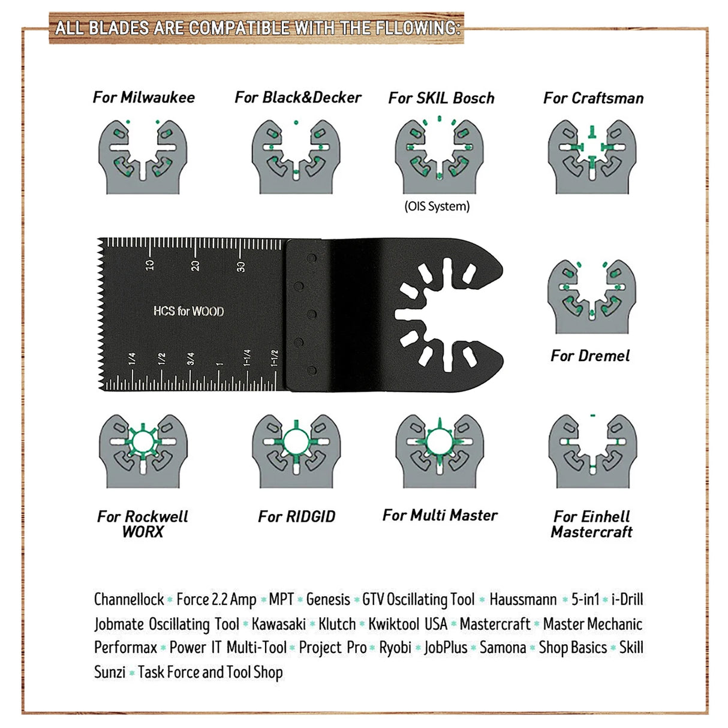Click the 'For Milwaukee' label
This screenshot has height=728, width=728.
[x=144, y=97]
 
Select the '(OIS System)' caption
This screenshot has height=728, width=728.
[x=437, y=206]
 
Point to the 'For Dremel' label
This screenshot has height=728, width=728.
[x=590, y=356]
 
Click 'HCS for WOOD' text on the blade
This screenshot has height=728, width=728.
[x=188, y=311]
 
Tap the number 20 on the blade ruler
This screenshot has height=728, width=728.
[x=195, y=265]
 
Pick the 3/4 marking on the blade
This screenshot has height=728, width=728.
[x=191, y=359]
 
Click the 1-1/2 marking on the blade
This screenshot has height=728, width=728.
[x=275, y=357]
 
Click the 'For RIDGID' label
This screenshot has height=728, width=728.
[x=296, y=516]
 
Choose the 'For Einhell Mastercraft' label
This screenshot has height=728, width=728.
[x=592, y=524]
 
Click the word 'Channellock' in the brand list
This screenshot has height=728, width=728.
[x=129, y=599]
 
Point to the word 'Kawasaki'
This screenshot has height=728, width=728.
[x=279, y=624]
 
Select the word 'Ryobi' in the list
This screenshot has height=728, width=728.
[x=395, y=648]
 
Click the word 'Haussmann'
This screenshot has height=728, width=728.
[x=523, y=599]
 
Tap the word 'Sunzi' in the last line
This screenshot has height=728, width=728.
[x=110, y=672]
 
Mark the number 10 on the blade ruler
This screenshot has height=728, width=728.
[x=150, y=264]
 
